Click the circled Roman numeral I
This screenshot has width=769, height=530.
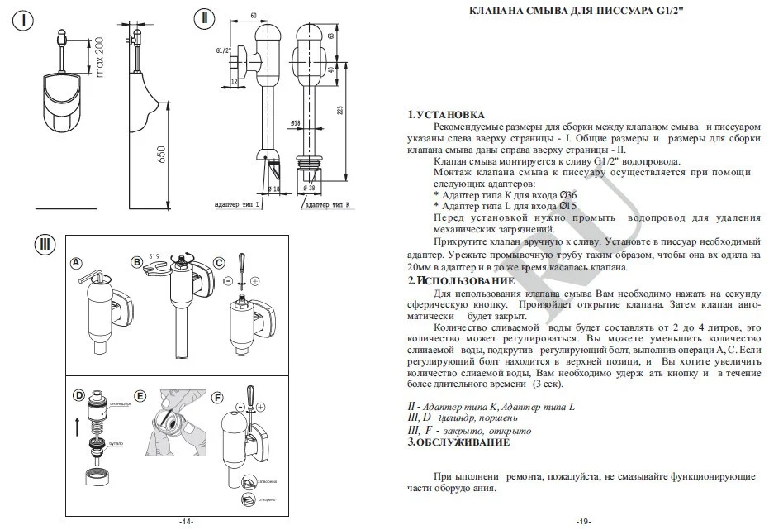click(27, 20)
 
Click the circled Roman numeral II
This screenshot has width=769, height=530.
click(205, 20)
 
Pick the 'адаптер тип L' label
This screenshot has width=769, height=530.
click(236, 203)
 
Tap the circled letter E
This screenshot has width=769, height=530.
click(140, 397)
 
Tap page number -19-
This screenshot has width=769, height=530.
click(583, 522)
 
